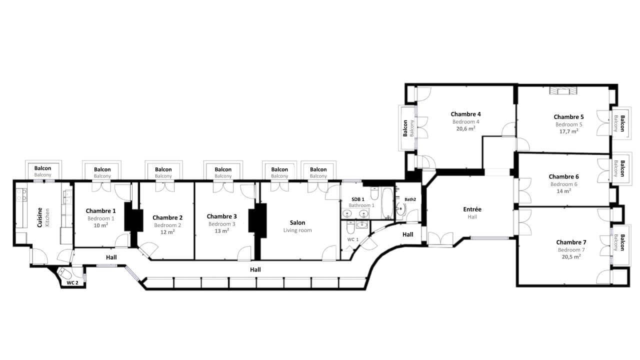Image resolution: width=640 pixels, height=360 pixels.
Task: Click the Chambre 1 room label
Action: click(x=100, y=211)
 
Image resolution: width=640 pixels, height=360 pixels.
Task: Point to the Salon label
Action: click(x=297, y=222)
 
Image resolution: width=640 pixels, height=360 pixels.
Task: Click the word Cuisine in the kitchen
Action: click(x=39, y=217)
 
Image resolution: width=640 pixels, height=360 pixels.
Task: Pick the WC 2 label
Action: click(x=72, y=283)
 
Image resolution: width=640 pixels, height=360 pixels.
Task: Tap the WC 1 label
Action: click(x=353, y=240)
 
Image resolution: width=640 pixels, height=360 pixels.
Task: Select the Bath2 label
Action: click(x=410, y=199)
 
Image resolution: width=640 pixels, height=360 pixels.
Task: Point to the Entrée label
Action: click(x=472, y=209)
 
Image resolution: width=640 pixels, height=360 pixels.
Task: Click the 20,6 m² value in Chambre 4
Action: click(x=465, y=128)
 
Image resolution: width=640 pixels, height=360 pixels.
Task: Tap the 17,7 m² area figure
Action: click(x=568, y=131)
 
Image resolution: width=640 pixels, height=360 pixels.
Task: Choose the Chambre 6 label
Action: click(x=563, y=176)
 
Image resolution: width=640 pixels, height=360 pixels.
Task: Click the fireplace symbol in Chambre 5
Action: click(x=563, y=90)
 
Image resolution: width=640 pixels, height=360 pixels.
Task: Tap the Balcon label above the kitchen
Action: click(x=43, y=168)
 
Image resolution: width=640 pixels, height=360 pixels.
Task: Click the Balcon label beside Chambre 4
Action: click(x=405, y=128)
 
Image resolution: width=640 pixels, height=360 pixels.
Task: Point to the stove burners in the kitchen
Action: click(x=21, y=194)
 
